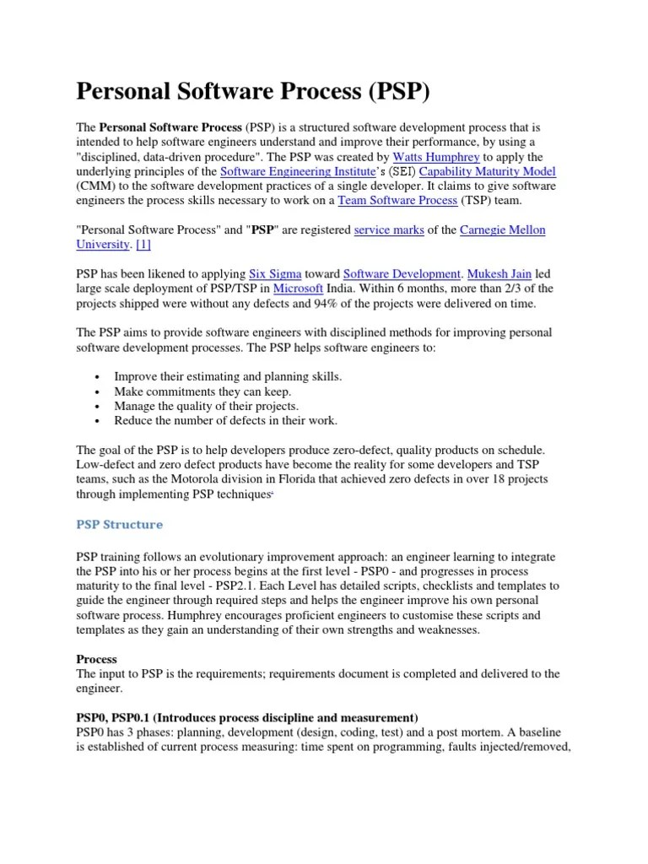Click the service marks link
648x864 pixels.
click(389, 230)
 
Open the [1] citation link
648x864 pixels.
click(143, 245)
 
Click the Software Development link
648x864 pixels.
click(402, 274)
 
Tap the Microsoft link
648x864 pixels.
click(299, 289)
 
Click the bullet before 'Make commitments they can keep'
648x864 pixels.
click(99, 392)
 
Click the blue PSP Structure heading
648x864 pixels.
click(119, 524)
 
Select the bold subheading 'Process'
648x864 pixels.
click(96, 659)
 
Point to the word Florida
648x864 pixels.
click(283, 479)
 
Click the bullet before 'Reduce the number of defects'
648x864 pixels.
click(99, 420)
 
